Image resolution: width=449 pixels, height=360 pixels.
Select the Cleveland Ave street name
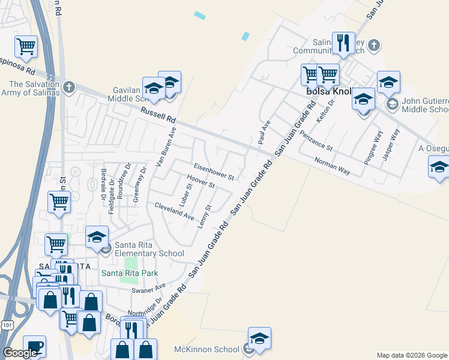pos(174,211)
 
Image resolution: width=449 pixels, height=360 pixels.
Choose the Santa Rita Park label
pos(130,273)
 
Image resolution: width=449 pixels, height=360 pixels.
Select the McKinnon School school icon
pos(259,340)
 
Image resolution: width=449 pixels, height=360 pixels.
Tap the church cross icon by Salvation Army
pos(69,87)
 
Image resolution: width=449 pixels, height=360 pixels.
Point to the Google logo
pos(20,353)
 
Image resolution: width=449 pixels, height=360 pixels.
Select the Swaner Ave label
pos(148,290)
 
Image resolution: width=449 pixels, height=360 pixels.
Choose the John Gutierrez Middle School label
pos(424,106)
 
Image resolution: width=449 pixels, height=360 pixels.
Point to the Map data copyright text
pos(412,355)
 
